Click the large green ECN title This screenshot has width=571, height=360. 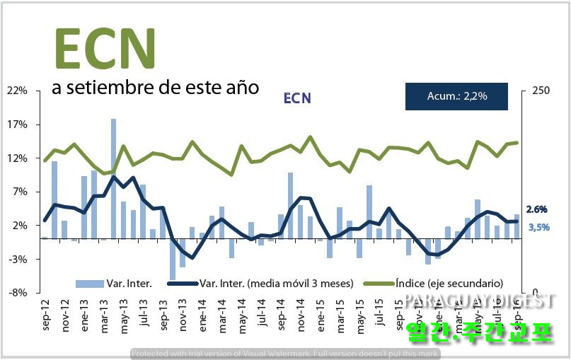pyautogui.click(x=105, y=48)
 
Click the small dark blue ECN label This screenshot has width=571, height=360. pyautogui.click(x=296, y=98)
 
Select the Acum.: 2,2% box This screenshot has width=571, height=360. pyautogui.click(x=456, y=96)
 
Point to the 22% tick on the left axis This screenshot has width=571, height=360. pyautogui.click(x=17, y=91)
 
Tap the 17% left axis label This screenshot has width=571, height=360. pyautogui.click(x=17, y=125)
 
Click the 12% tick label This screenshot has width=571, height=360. pyautogui.click(x=17, y=158)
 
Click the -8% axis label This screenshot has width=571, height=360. pyautogui.click(x=18, y=293)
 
